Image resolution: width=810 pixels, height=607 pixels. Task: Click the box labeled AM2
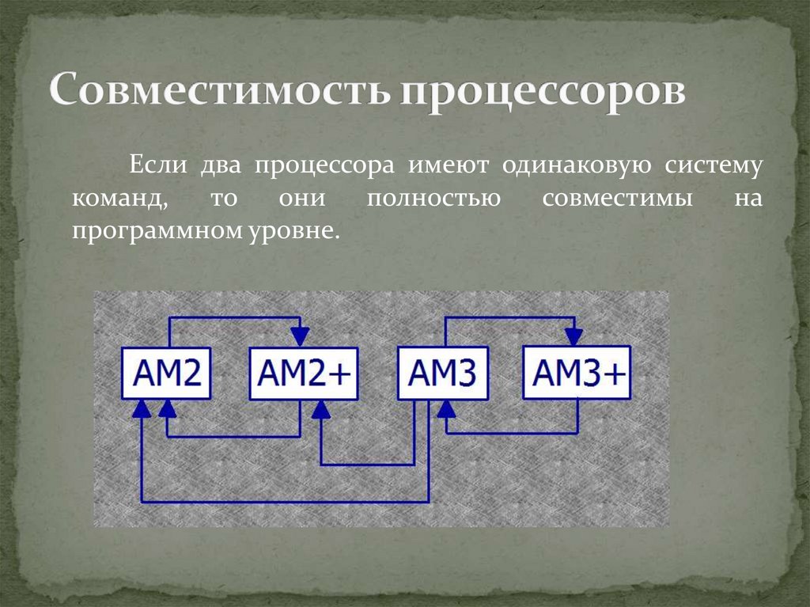[166, 374]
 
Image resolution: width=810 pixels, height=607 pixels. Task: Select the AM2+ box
[304, 374]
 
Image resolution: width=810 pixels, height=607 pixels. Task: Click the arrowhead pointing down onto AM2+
[300, 336]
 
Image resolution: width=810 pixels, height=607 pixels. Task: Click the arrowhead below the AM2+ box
[320, 409]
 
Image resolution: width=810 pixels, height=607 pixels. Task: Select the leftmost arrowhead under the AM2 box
[142, 409]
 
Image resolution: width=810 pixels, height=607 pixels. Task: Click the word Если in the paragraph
[158, 166]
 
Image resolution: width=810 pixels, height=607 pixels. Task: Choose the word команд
[119, 198]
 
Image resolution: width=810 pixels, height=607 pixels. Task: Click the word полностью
[433, 198]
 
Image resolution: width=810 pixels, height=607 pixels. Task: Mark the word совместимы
[618, 198]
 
